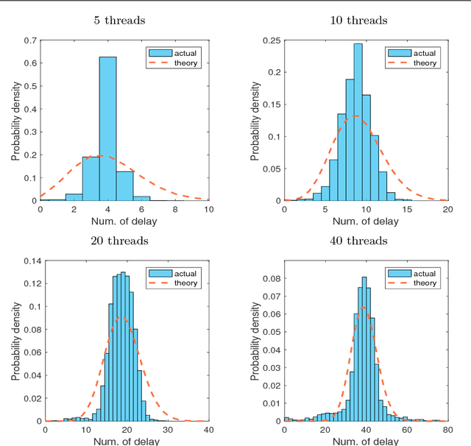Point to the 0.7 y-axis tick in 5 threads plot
tap(29, 39)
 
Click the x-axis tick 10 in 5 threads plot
tap(209, 209)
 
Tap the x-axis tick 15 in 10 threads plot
tap(406, 209)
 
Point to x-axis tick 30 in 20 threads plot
tap(168, 430)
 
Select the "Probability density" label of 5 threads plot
tap(15, 120)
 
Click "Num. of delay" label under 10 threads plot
tap(366, 221)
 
